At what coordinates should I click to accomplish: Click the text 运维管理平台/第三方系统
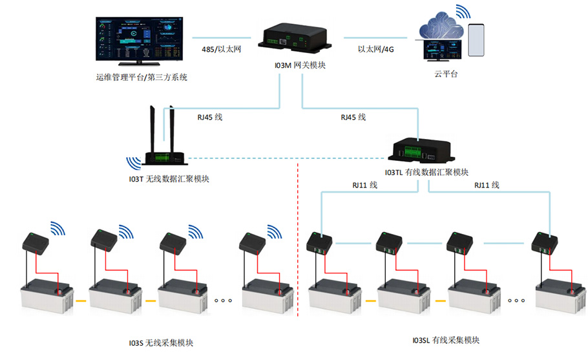141,78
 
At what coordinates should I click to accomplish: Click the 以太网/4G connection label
376,49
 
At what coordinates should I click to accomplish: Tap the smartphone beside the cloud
476,41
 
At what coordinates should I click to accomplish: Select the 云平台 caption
446,75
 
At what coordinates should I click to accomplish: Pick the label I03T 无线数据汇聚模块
169,179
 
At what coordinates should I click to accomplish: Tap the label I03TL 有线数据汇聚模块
426,173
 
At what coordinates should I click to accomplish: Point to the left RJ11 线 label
364,185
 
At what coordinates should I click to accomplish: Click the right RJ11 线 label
487,185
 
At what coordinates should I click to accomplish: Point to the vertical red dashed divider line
298,246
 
